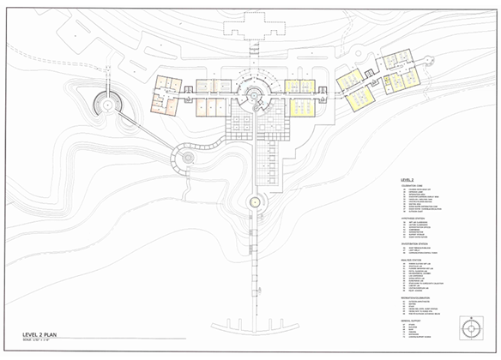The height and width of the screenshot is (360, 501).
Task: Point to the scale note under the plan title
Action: (x=39, y=341)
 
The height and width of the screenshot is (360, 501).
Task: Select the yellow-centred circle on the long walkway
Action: (x=254, y=202)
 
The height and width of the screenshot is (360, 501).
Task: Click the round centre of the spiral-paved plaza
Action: (x=185, y=156)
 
